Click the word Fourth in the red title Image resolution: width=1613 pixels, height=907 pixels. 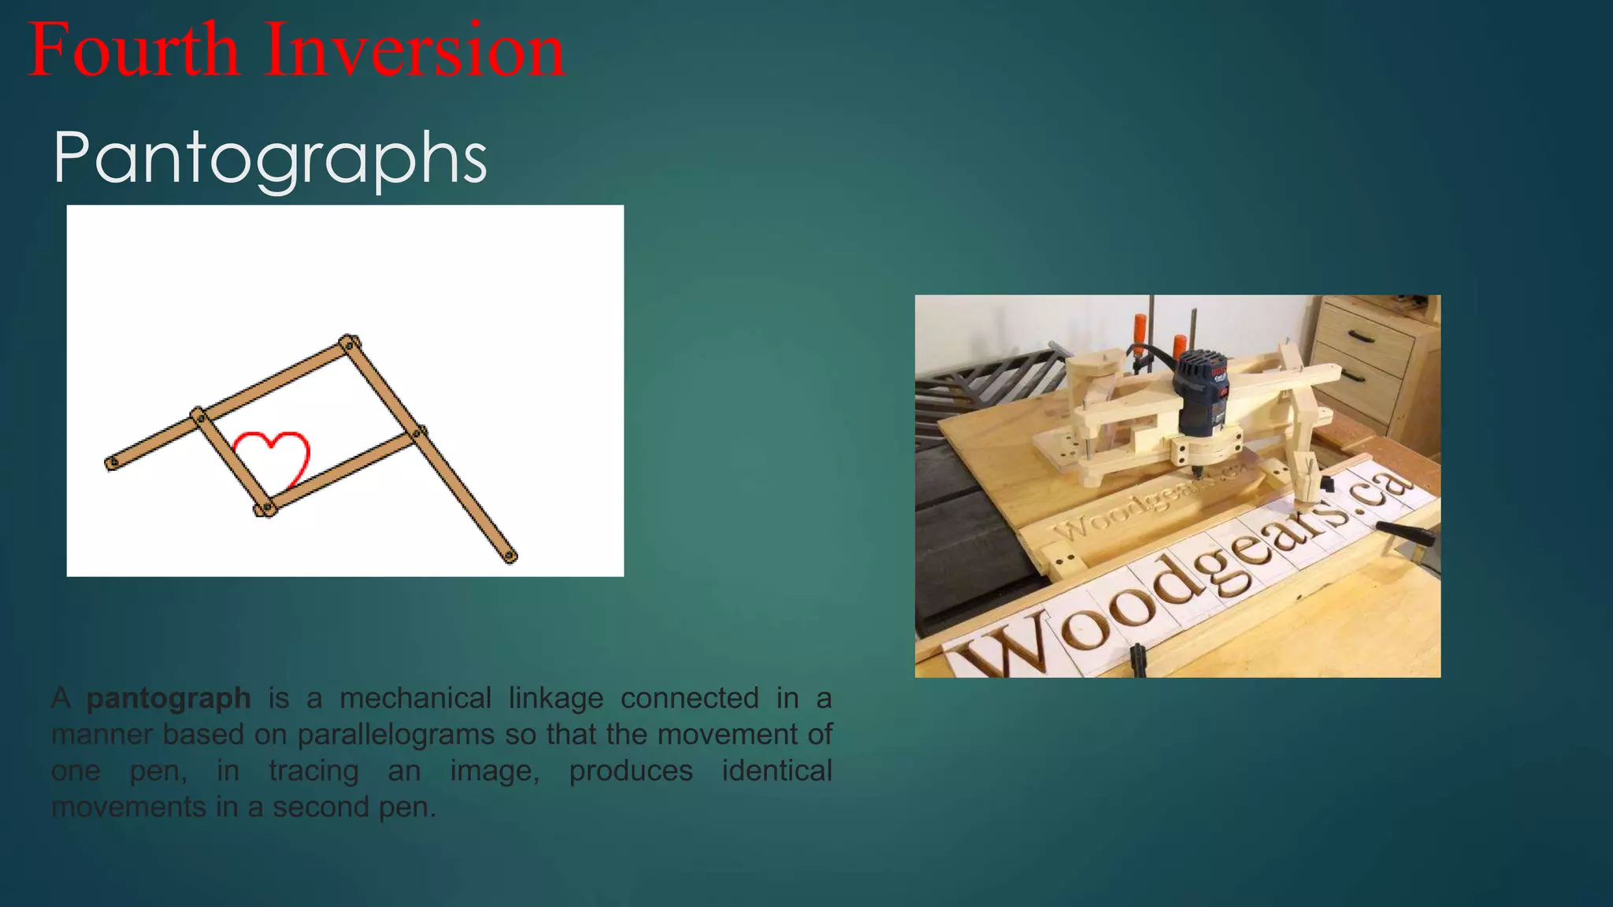pos(133,50)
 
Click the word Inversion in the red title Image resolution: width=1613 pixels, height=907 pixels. pos(414,50)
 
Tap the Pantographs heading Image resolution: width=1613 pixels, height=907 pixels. pos(270,157)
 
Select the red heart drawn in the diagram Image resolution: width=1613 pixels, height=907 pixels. pos(273,457)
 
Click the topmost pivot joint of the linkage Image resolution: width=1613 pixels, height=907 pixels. pos(348,343)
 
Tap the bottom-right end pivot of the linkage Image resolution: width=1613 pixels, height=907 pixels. pos(510,557)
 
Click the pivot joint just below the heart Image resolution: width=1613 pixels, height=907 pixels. pos(265,509)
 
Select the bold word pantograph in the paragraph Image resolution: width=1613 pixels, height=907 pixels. pos(169,698)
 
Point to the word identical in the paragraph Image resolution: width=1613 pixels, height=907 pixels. pos(777,771)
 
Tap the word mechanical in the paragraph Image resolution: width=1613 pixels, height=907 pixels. pos(415,698)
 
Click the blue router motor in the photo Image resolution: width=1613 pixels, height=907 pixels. pos(1200,394)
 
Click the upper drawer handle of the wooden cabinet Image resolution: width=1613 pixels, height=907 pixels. pos(1360,336)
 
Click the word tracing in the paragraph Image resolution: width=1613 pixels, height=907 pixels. pos(313,771)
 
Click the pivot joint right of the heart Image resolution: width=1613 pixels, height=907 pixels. pos(419,432)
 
